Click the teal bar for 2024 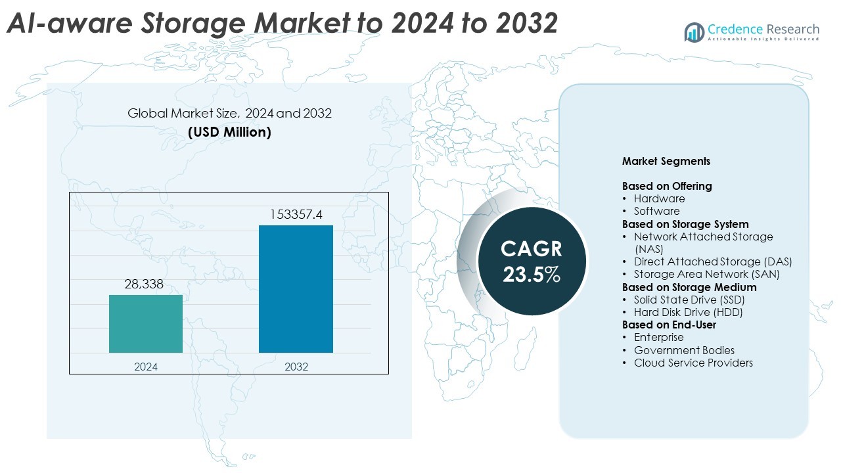[x=146, y=324]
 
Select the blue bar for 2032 [x=296, y=289]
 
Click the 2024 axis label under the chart [x=146, y=367]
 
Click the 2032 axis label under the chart [x=296, y=367]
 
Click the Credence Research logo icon [x=694, y=32]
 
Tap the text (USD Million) [x=229, y=132]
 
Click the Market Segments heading [x=666, y=161]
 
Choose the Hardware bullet [x=659, y=198]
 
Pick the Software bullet [x=656, y=211]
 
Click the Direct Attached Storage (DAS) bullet [x=713, y=261]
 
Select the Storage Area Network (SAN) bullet [x=706, y=274]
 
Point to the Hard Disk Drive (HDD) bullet [x=688, y=312]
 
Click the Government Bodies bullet [x=684, y=350]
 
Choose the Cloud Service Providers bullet [x=693, y=363]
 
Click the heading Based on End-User [x=669, y=325]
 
